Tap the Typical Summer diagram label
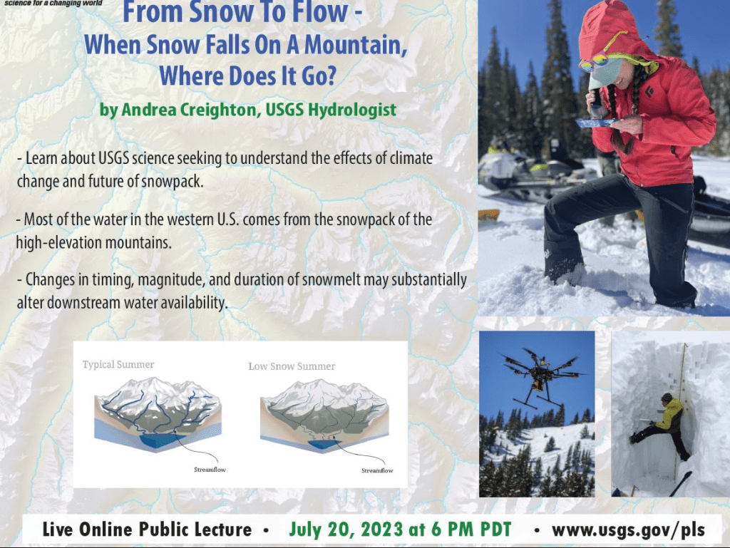pyautogui.click(x=118, y=365)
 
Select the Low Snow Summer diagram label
pyautogui.click(x=292, y=366)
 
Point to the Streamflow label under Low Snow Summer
pyautogui.click(x=377, y=470)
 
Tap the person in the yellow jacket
pyautogui.click(x=667, y=422)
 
